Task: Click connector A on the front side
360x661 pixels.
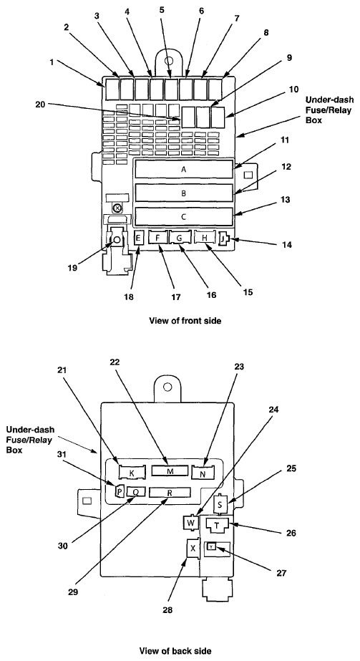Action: click(x=184, y=170)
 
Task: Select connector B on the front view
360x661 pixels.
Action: click(x=184, y=193)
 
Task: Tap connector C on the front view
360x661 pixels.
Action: click(x=184, y=217)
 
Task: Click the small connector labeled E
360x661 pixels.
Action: click(x=139, y=238)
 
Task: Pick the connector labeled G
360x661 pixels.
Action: click(x=180, y=238)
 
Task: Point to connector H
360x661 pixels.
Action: click(x=205, y=238)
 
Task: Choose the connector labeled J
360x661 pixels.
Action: click(x=223, y=239)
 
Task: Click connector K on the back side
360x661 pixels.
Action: click(x=132, y=473)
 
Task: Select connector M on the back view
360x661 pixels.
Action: click(x=170, y=471)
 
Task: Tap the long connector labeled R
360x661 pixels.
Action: click(x=170, y=492)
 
